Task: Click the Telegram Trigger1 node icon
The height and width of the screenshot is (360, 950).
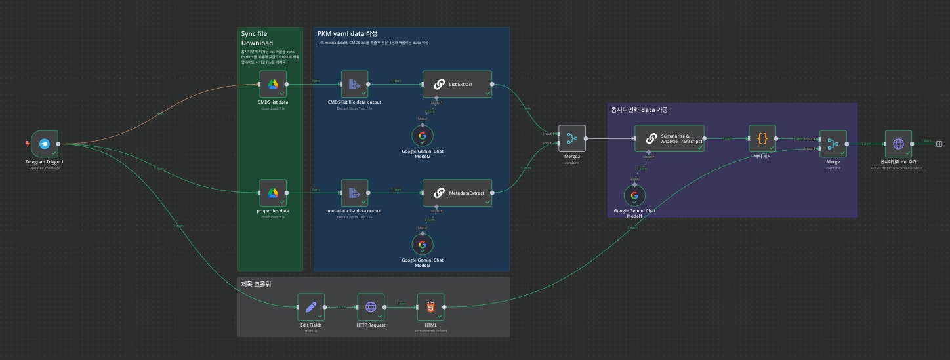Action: pos(45,144)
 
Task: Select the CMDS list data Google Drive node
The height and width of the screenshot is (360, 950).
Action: pos(273,84)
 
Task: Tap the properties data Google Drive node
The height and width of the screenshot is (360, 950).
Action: pos(273,193)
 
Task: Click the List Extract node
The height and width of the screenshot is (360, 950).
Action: pos(457,84)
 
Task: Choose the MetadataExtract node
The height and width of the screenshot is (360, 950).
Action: pos(457,193)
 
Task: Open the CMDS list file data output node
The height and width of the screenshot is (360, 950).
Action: pos(354,84)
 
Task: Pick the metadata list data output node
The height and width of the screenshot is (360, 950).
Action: pos(354,193)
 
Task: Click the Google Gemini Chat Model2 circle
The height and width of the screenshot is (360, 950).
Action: pos(422,136)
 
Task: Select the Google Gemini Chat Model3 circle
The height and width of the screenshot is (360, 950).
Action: pos(422,245)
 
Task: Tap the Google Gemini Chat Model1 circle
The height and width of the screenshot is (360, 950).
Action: pos(634,195)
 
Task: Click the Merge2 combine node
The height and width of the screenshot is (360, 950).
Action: pos(571,138)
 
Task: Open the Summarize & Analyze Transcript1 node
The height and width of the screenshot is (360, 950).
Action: pos(669,138)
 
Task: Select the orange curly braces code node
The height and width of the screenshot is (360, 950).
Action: pos(762,138)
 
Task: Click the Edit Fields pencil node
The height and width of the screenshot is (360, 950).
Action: pos(311,306)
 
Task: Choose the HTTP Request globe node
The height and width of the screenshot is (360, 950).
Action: pos(371,306)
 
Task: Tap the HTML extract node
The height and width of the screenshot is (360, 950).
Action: pos(430,306)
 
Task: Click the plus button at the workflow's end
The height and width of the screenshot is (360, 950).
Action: pos(939,144)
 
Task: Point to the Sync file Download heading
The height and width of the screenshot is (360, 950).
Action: pos(257,38)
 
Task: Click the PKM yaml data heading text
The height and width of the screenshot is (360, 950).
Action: pos(347,33)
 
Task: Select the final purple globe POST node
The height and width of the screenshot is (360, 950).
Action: pos(898,144)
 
